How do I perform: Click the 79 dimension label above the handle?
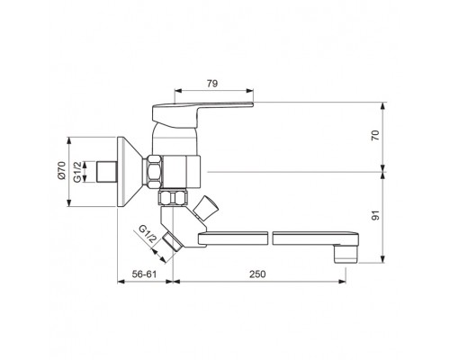tap(212, 84)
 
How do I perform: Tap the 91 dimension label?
tap(375, 215)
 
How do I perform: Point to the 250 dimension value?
tap(257, 274)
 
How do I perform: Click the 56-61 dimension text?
tap(145, 274)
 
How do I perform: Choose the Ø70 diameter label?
tap(61, 170)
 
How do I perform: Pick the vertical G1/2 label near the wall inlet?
tap(77, 172)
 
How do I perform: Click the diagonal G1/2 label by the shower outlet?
tap(148, 234)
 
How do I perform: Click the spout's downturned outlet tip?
tap(346, 254)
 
